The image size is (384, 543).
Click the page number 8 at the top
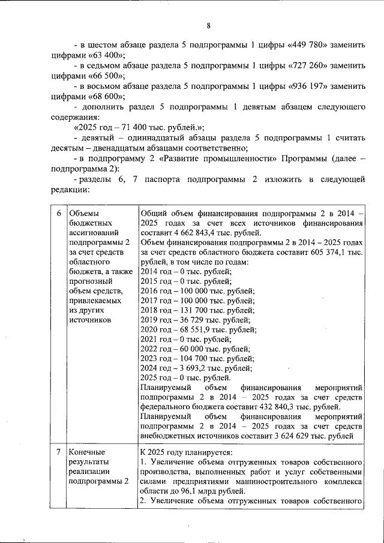(208, 25)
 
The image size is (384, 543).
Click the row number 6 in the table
(59, 214)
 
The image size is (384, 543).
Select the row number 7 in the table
(59, 452)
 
